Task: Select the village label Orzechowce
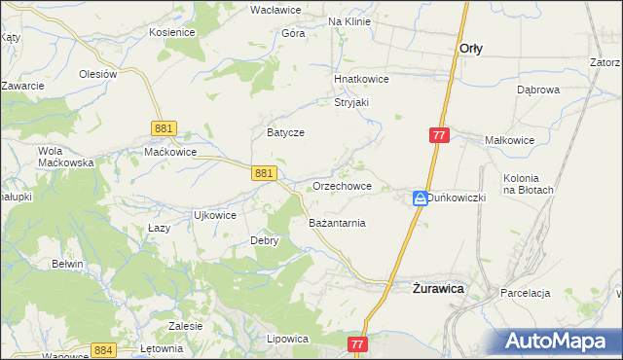[x=342, y=186]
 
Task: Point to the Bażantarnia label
[x=337, y=223]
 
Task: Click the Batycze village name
[x=286, y=132]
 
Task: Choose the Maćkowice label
[x=170, y=152]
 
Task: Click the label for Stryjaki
[x=356, y=101]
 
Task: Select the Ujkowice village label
[x=215, y=215]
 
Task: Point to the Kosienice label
[x=172, y=32]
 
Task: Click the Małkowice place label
[x=510, y=140]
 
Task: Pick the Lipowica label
[x=287, y=339]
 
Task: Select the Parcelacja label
[x=526, y=293]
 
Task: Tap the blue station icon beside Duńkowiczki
[x=420, y=198]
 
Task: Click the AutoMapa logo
[x=561, y=341]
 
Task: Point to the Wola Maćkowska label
[x=64, y=157]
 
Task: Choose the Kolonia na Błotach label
[x=529, y=184]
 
